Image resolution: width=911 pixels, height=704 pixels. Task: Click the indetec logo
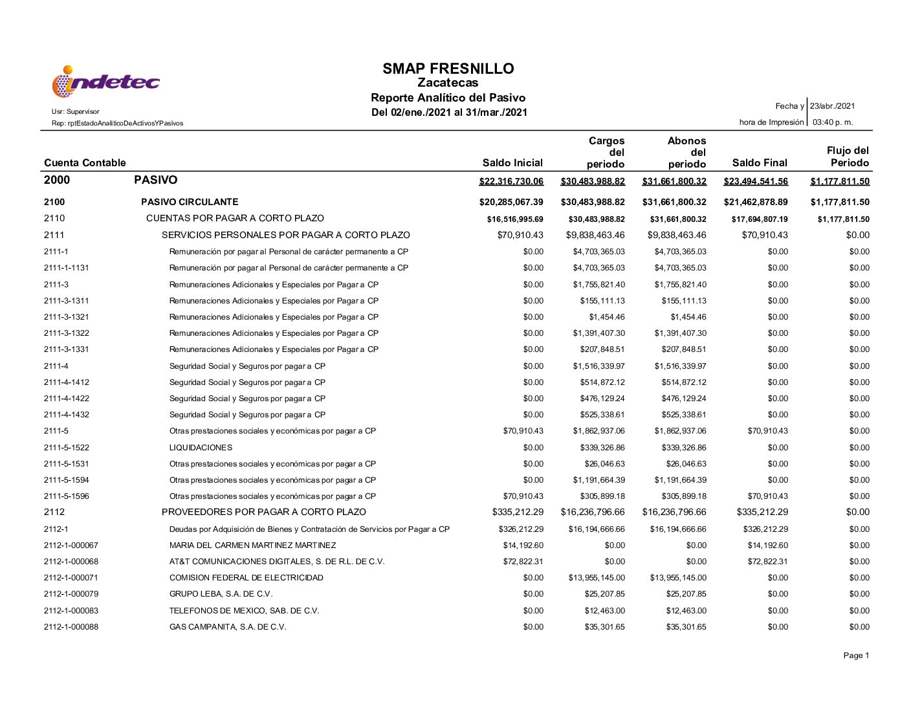(105, 82)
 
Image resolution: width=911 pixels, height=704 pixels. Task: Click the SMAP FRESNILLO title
(448, 69)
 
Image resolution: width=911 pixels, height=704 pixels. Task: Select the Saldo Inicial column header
(512, 163)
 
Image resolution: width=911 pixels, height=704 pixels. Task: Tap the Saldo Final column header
(760, 163)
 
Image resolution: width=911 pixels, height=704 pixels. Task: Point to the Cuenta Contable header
(85, 163)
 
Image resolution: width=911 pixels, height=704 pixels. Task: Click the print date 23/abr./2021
(833, 106)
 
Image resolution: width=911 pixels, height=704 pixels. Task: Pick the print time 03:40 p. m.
(833, 122)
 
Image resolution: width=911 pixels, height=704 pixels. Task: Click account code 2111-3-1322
(67, 333)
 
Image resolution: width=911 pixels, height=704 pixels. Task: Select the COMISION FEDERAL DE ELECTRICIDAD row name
(246, 578)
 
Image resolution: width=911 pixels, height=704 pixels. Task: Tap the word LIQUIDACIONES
(201, 448)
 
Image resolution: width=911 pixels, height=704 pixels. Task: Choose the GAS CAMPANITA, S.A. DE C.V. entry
(228, 627)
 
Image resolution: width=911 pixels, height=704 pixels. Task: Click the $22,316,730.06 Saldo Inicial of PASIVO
(511, 181)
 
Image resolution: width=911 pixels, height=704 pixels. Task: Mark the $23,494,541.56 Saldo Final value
(756, 181)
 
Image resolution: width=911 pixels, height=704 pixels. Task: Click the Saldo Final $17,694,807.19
(760, 219)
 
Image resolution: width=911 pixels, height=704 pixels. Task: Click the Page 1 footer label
(856, 656)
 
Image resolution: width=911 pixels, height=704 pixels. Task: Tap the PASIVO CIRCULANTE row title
(190, 202)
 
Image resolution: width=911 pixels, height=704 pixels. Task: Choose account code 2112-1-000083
(71, 611)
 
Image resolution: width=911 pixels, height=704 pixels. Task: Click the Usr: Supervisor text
(76, 112)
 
